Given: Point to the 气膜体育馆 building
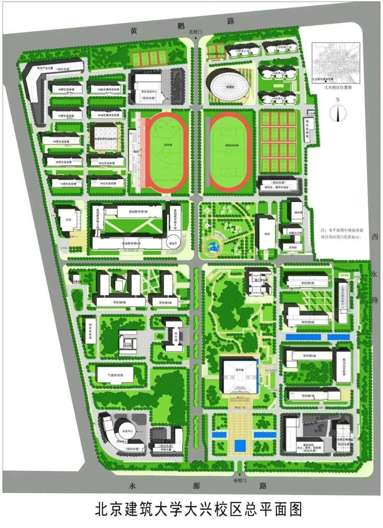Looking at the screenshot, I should pos(115,375).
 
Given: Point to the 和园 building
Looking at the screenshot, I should pos(68,220).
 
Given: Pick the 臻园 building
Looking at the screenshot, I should pos(265,233).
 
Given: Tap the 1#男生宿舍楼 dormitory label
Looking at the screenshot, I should pos(67,184).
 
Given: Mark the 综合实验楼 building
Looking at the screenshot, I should pos(90,330).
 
